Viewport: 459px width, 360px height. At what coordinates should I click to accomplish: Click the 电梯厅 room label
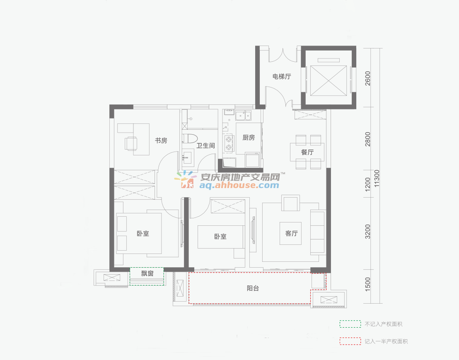(282, 77)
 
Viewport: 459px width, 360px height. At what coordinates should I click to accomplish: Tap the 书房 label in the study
(161, 141)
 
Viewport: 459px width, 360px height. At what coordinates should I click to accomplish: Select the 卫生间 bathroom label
(205, 145)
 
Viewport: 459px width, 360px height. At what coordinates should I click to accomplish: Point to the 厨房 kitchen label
(249, 138)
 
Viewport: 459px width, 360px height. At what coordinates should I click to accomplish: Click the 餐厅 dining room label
(307, 152)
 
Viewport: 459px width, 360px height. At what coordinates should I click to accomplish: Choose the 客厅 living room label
(291, 233)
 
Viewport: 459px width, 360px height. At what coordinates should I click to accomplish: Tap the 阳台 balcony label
(253, 288)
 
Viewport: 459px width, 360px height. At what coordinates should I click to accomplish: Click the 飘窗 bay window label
(147, 273)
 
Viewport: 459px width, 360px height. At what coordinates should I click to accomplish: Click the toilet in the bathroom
(189, 138)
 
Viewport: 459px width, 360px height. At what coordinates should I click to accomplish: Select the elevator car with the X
(329, 80)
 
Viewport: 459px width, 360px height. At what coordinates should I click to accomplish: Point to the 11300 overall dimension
(377, 178)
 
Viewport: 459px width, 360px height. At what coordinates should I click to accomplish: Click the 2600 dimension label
(368, 78)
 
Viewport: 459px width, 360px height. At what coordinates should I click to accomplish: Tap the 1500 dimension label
(368, 284)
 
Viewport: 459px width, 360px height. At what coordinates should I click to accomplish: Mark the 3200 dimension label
(368, 232)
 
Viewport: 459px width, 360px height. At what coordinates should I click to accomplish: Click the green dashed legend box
(350, 324)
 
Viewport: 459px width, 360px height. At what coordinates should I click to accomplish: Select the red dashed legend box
(350, 341)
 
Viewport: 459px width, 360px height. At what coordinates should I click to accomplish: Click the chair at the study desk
(131, 144)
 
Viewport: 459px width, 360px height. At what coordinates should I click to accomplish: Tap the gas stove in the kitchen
(229, 143)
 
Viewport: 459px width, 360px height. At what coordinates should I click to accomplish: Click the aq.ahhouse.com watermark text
(239, 185)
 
